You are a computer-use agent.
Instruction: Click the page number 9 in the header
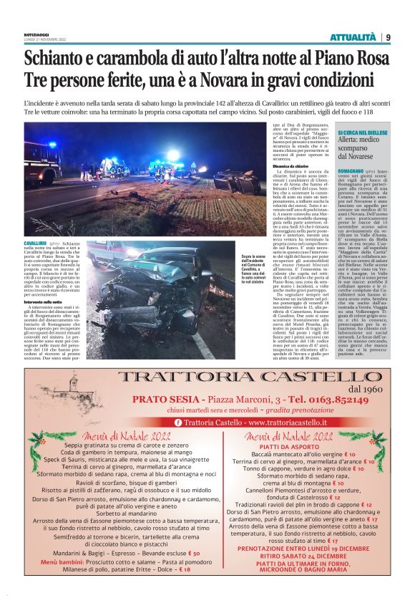[387, 37]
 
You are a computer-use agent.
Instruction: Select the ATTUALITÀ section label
[353, 37]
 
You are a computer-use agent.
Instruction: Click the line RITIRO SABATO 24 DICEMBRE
[288, 556]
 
